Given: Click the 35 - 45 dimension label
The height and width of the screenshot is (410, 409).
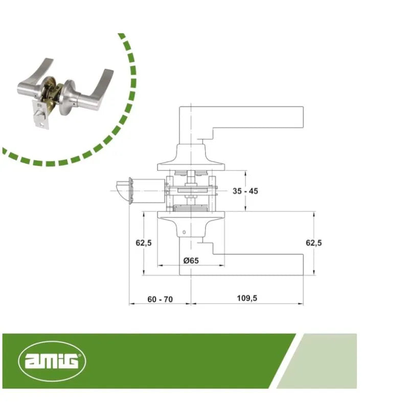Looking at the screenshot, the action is tap(245, 191).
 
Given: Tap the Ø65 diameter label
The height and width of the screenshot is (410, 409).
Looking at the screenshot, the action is tap(191, 261).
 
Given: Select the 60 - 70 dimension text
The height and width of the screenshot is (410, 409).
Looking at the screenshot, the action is tap(160, 299).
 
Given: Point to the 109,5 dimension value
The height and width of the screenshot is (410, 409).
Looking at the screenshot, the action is tap(247, 298).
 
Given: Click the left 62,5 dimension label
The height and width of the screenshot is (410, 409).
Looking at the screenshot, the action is tap(143, 243).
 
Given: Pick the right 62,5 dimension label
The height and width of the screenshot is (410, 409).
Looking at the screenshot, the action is tap(314, 243).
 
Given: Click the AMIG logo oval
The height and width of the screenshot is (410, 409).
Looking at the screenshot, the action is tap(52, 361).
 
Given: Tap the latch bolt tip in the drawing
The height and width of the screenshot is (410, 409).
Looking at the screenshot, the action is tap(122, 191).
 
